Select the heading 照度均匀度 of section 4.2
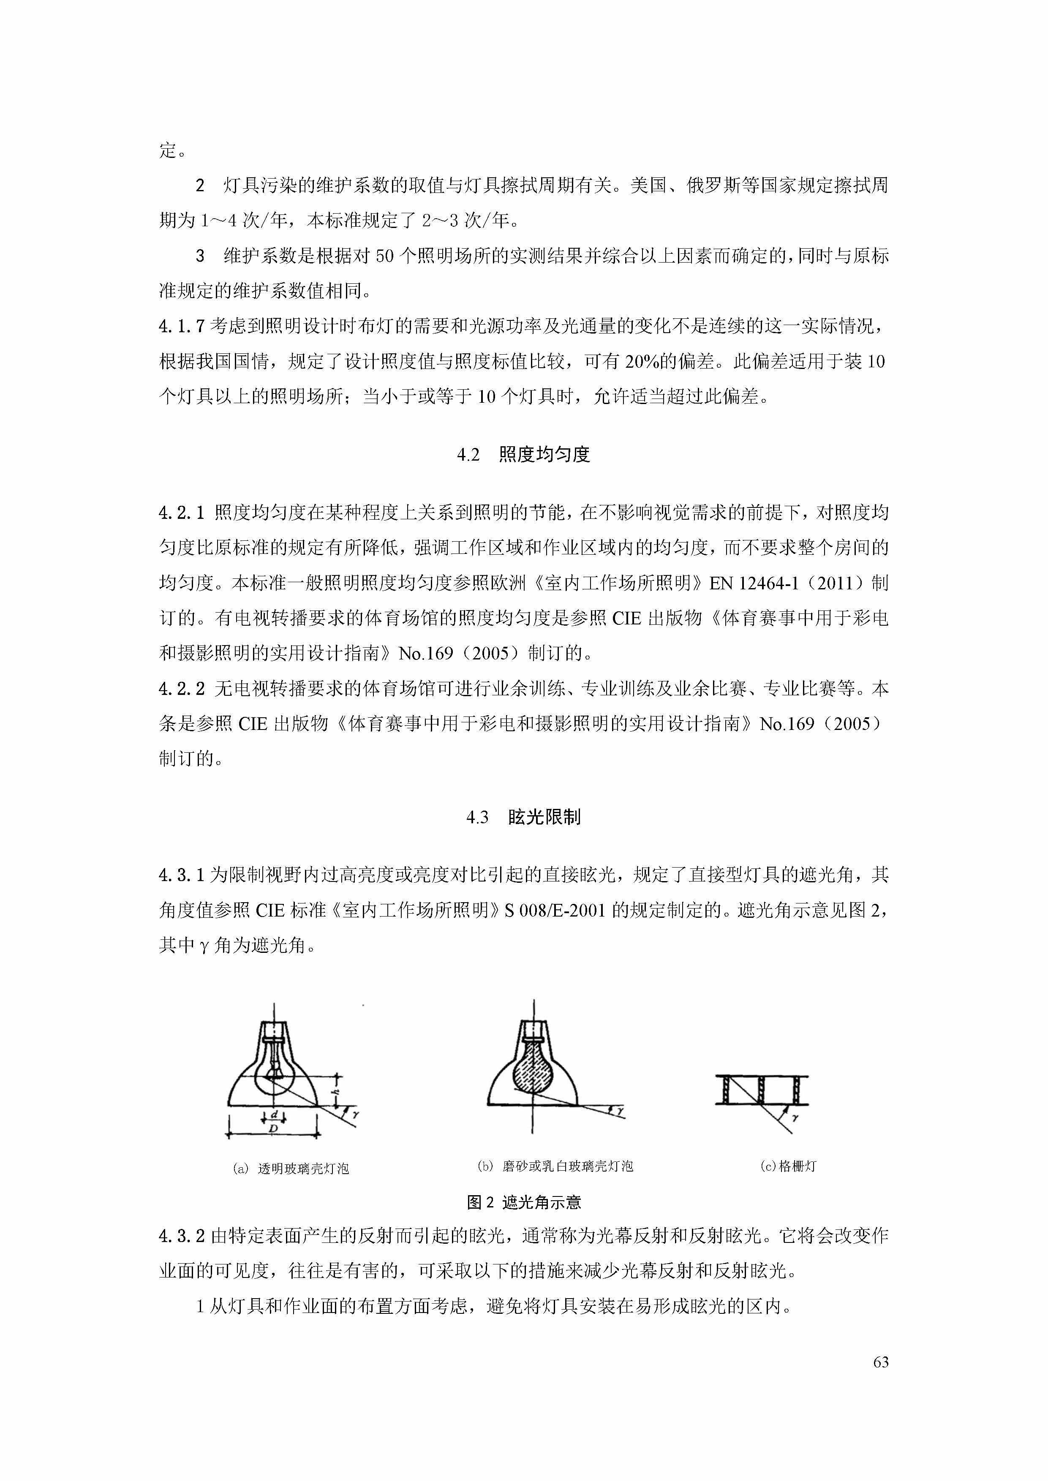(x=544, y=455)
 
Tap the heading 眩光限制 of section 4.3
(x=544, y=817)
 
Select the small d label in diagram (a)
(x=274, y=1115)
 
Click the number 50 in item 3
(x=384, y=256)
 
